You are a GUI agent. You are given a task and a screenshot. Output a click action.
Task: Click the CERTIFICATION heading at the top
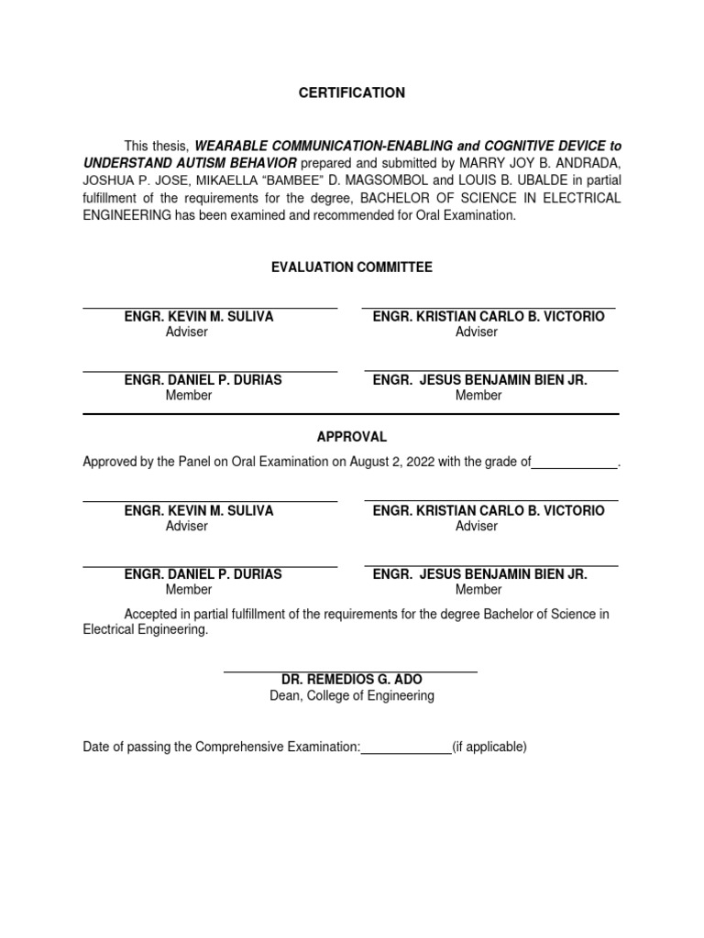pos(351,93)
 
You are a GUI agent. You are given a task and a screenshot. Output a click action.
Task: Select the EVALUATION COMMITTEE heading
pos(351,267)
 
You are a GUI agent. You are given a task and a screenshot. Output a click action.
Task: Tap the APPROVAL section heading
pos(351,437)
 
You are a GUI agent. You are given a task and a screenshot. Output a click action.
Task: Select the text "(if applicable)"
pos(489,747)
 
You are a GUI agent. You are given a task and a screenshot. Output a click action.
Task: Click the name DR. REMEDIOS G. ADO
pos(351,680)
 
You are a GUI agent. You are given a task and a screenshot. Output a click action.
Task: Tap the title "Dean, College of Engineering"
pos(351,695)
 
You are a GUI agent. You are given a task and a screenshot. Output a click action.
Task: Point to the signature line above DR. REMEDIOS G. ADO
pos(351,671)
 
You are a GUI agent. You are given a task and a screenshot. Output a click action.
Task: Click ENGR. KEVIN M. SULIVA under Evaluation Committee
pos(199,316)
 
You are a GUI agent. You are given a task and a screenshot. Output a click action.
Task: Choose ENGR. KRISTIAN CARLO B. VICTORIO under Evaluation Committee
pos(489,316)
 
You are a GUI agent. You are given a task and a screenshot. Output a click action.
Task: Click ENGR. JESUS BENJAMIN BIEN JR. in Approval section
pos(479,574)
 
